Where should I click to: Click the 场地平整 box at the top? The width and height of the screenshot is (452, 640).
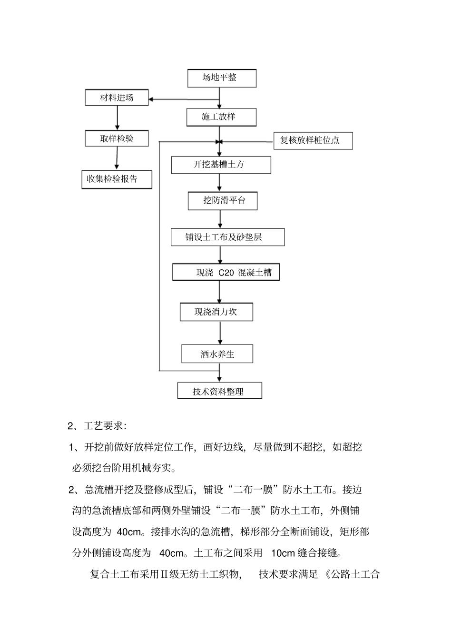click(222, 78)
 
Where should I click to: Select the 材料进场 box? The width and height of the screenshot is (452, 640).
click(117, 98)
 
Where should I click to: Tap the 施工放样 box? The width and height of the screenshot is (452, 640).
click(221, 117)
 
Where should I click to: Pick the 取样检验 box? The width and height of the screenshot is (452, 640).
click(117, 138)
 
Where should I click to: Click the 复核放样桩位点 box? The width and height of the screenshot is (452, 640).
click(313, 141)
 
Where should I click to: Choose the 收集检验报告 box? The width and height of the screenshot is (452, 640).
click(117, 179)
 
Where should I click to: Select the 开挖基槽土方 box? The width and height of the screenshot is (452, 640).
click(221, 165)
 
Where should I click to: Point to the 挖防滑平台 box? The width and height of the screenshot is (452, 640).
click(223, 200)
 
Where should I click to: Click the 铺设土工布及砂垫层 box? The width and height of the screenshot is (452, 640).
click(227, 237)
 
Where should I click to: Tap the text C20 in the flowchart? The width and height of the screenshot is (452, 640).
click(226, 273)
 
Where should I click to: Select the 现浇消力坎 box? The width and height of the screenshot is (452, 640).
click(216, 312)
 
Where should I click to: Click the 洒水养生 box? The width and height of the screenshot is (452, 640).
click(217, 354)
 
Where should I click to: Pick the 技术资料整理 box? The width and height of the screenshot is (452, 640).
click(219, 391)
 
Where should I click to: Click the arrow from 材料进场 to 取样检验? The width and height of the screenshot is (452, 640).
click(118, 118)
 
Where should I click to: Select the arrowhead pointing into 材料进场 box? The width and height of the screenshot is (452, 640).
click(152, 99)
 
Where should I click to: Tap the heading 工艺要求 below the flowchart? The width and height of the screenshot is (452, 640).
click(103, 425)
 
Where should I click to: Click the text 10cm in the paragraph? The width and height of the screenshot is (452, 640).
click(283, 553)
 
